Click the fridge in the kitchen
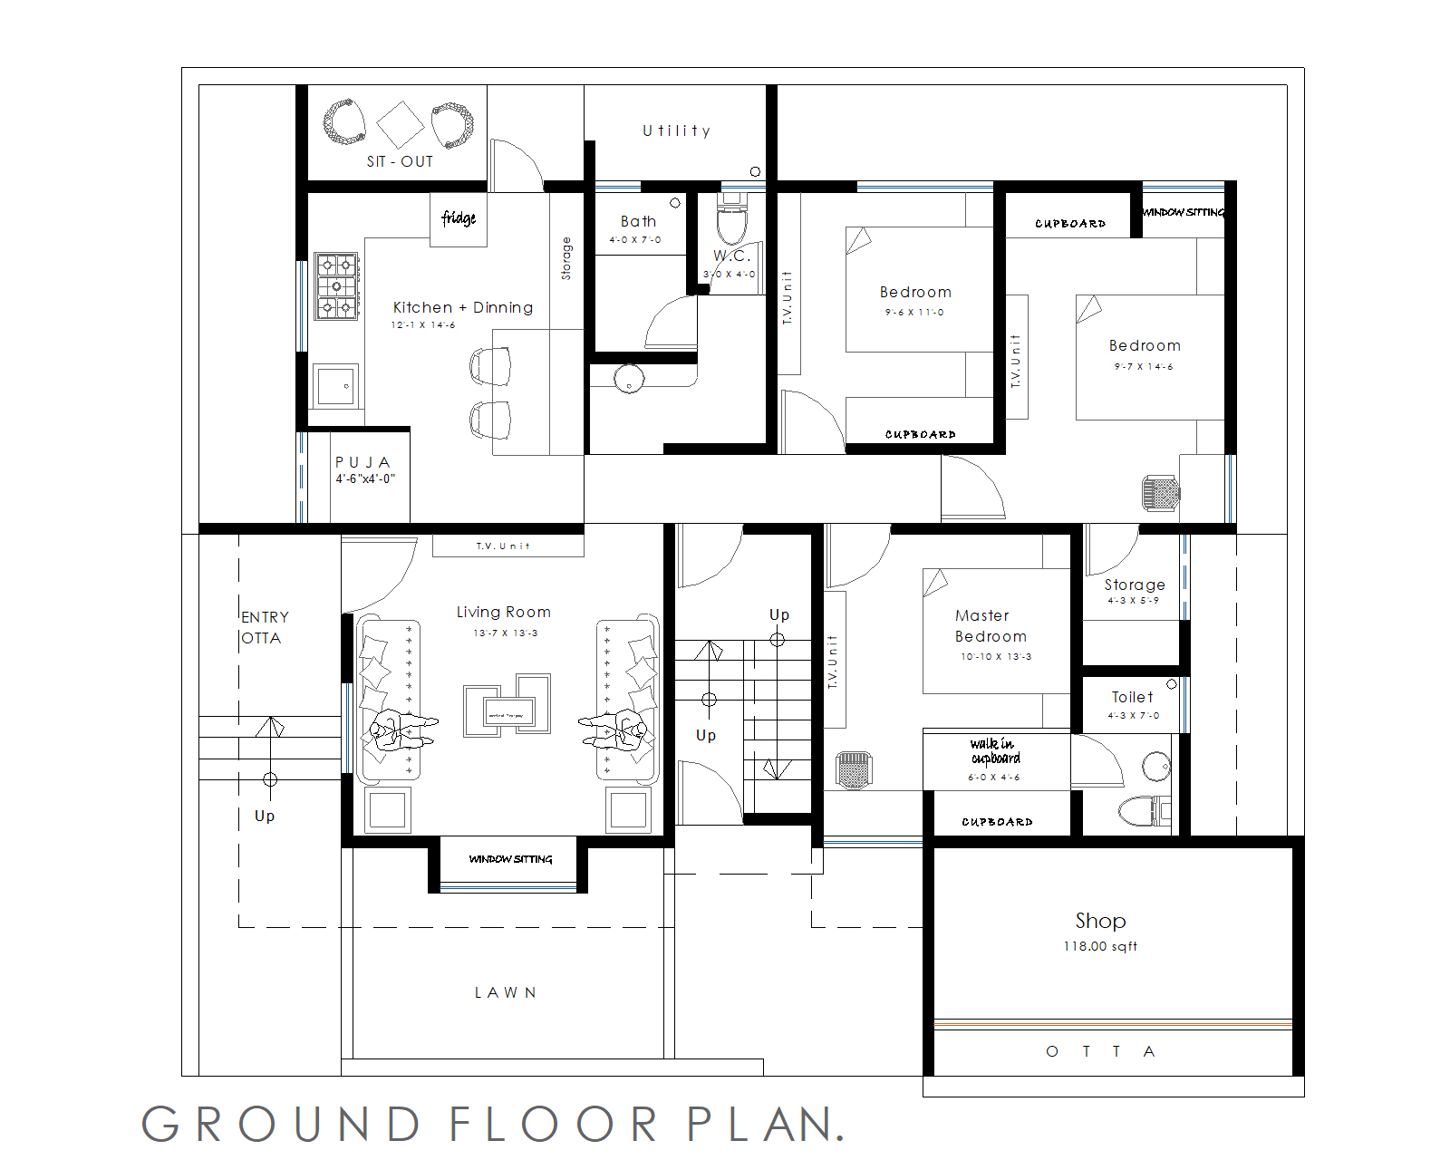[458, 218]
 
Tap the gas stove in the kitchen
[336, 286]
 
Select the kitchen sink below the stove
[335, 386]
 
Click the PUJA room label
[362, 462]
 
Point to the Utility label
[676, 131]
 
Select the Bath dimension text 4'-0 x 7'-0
[635, 240]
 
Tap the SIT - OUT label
[400, 162]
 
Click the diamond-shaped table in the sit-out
[400, 124]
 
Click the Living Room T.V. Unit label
[503, 546]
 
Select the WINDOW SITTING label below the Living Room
[510, 859]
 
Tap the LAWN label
[506, 993]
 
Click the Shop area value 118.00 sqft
[1100, 947]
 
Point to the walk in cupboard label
[994, 751]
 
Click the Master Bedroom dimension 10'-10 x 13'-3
[996, 657]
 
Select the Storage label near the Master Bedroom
[1135, 585]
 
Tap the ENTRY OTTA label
[265, 627]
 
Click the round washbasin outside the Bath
[629, 379]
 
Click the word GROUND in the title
[281, 1125]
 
